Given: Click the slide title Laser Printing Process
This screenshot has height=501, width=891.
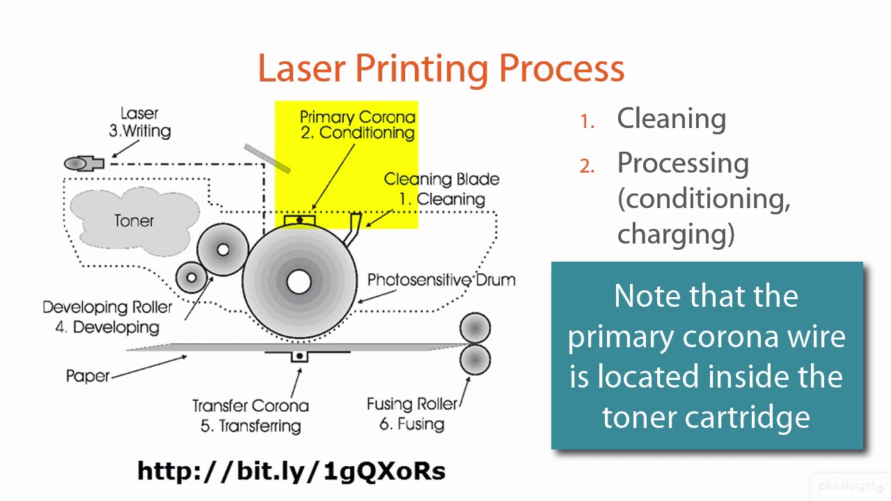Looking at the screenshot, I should (x=441, y=68).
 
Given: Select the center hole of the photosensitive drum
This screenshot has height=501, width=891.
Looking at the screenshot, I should (x=299, y=282).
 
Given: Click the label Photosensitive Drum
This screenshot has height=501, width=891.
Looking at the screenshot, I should (x=441, y=280).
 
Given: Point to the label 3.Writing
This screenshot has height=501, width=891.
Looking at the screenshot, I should (x=139, y=131).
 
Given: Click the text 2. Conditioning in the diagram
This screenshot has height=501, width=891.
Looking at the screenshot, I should (x=358, y=133).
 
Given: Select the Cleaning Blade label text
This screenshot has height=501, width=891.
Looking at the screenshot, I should (x=441, y=180).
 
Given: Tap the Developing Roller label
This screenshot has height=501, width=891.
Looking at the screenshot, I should (x=107, y=307).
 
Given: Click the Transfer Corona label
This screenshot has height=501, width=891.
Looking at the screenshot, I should (x=251, y=406).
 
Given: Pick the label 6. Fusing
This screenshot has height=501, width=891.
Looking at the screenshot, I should (x=412, y=424).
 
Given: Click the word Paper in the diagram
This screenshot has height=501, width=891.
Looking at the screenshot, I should (x=88, y=376).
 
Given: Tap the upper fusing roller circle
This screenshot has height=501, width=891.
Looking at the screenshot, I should (x=475, y=328).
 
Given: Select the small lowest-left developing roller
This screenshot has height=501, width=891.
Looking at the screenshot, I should (x=191, y=278).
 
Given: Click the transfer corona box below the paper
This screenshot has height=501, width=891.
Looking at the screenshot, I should (x=299, y=356).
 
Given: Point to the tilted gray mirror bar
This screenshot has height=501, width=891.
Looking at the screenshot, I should (x=267, y=158).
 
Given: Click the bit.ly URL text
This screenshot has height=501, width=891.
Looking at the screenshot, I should (x=291, y=471).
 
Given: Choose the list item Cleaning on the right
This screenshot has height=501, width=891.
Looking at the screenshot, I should (x=671, y=119).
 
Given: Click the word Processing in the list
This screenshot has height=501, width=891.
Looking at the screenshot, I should (x=683, y=164).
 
